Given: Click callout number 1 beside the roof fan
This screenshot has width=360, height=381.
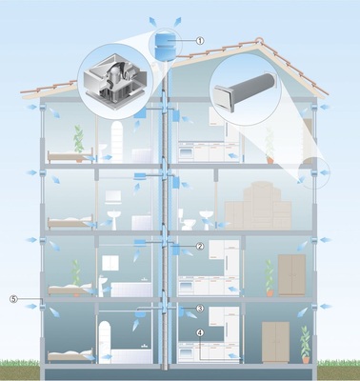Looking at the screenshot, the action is click(200, 41).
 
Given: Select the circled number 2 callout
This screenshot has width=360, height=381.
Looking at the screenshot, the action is click(200, 246).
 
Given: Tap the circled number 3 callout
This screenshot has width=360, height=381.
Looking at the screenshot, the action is click(200, 309).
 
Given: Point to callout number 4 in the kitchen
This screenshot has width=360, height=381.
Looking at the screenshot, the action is click(200, 332).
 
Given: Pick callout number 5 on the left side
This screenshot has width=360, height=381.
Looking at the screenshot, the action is click(13, 298).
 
